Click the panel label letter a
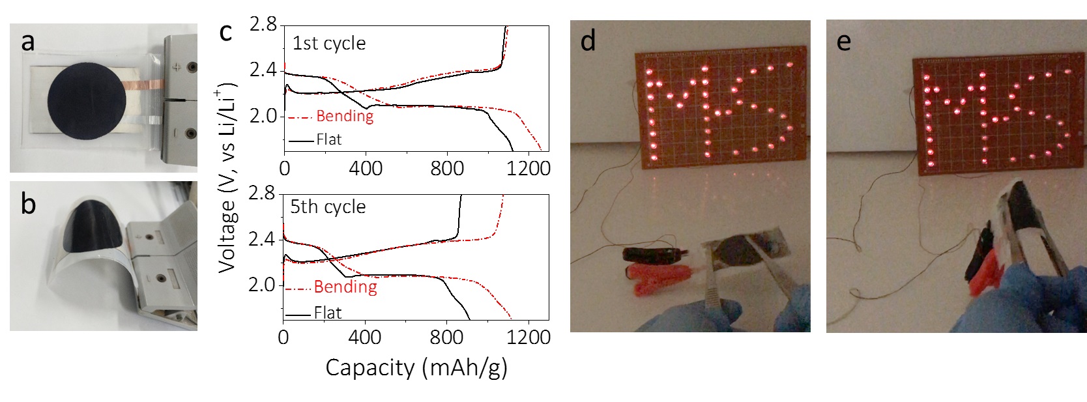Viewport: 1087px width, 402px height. (x=27, y=42)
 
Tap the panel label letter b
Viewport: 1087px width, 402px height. (x=28, y=204)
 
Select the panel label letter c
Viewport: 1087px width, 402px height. (x=225, y=31)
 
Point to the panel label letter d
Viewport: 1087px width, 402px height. (x=588, y=41)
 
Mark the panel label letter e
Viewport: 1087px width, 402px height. (x=843, y=41)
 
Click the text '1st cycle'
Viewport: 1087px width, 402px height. (x=329, y=43)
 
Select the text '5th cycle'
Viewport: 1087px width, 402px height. (x=328, y=207)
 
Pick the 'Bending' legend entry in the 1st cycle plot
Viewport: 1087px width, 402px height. (x=344, y=116)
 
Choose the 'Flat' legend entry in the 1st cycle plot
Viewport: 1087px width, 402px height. (x=328, y=139)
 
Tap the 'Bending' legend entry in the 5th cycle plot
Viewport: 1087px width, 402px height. (x=345, y=287)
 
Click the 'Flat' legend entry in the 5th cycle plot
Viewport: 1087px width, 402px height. (x=327, y=313)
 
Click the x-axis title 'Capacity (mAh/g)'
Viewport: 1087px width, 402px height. (x=416, y=367)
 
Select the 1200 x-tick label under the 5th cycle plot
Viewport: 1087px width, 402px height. (x=529, y=337)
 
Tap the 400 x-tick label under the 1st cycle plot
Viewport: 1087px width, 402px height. (x=366, y=168)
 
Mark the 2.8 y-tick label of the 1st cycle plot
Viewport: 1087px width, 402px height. (x=263, y=25)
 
